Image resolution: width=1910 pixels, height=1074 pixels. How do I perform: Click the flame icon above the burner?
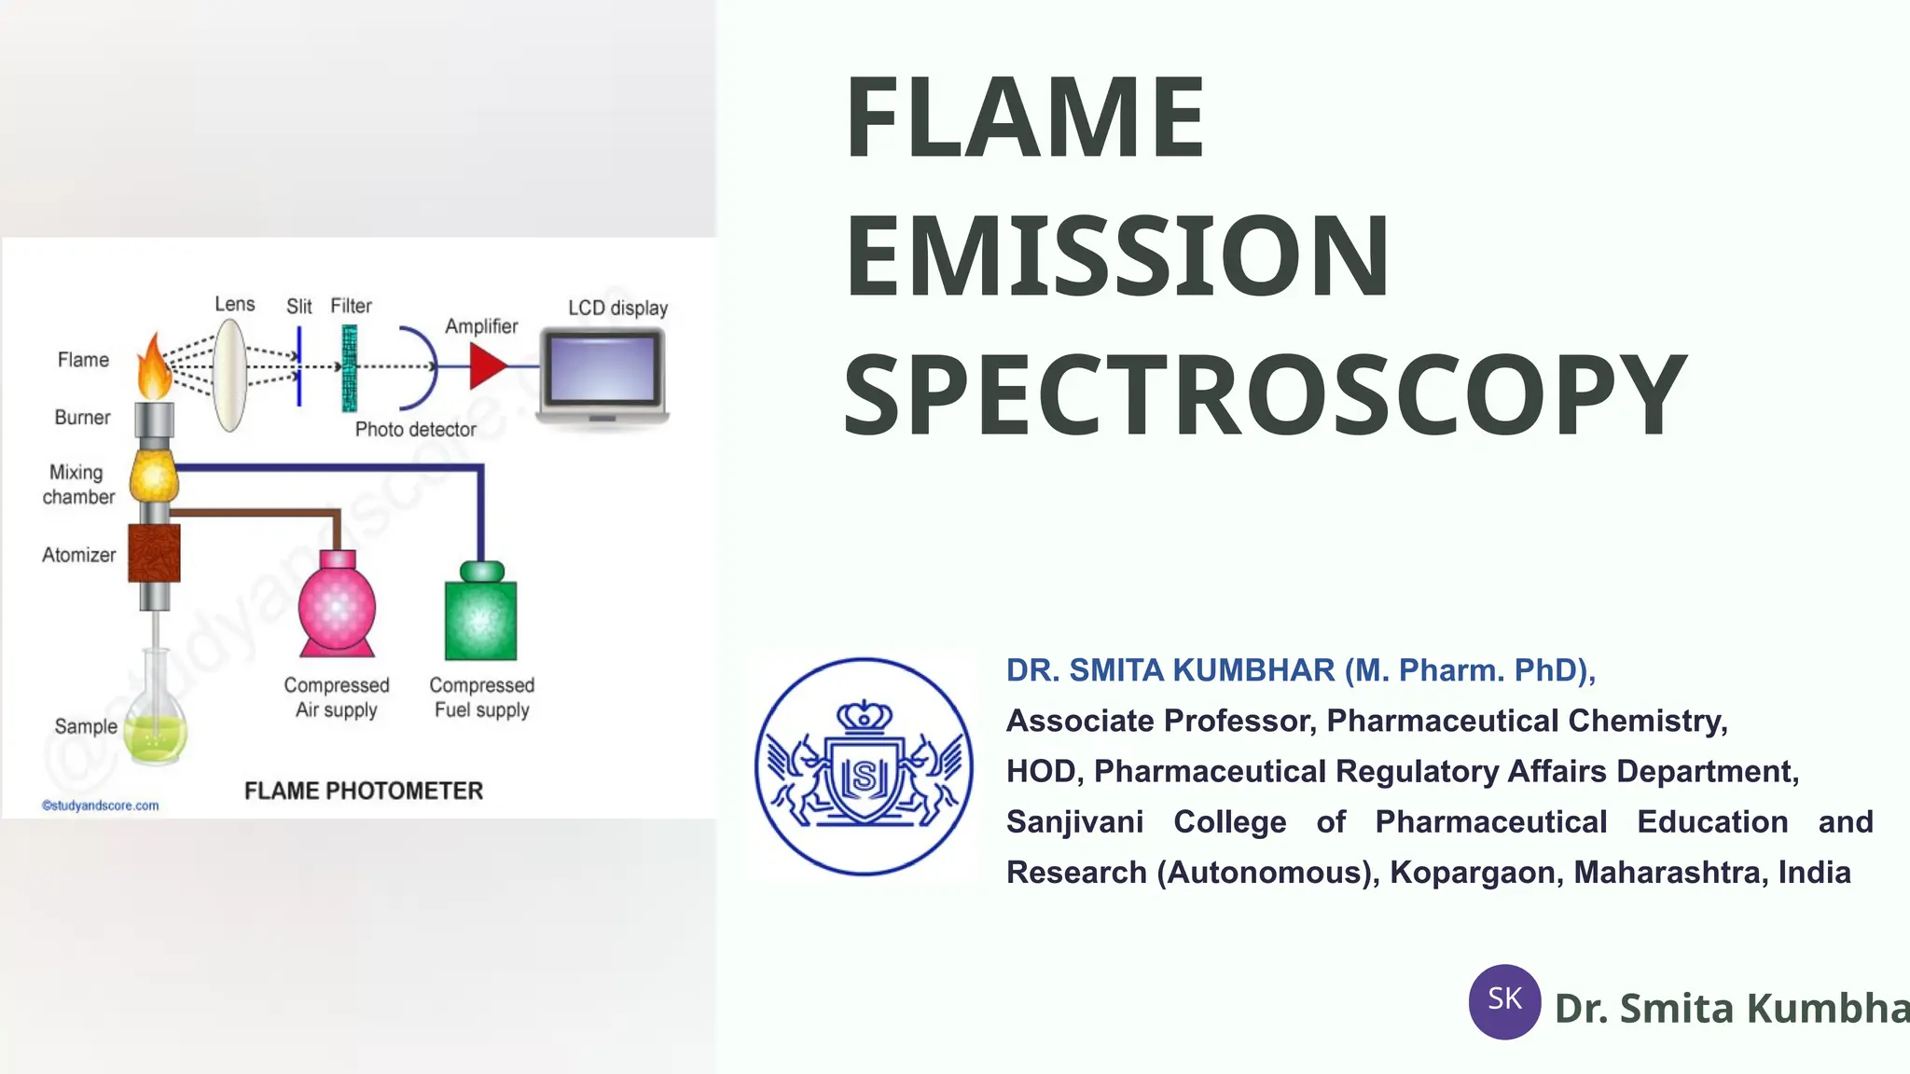click(154, 367)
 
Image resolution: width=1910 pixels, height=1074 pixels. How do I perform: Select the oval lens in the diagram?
click(229, 375)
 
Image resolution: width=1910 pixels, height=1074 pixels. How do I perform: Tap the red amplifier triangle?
click(487, 366)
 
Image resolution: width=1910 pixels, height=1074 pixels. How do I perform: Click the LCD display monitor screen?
click(603, 368)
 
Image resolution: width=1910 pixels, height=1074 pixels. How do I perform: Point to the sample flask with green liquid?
click(157, 723)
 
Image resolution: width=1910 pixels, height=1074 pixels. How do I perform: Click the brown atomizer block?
click(154, 553)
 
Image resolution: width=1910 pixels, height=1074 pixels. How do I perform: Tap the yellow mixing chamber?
click(154, 476)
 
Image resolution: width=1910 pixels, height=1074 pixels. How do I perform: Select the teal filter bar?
click(349, 368)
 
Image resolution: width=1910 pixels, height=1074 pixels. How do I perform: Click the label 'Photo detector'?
click(415, 430)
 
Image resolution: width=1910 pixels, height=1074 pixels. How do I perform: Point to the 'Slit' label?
click(298, 307)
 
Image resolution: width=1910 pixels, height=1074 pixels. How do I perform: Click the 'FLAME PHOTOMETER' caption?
click(364, 791)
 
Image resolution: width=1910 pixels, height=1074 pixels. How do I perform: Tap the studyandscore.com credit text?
click(101, 805)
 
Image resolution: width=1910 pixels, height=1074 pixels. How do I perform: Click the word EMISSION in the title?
click(1116, 255)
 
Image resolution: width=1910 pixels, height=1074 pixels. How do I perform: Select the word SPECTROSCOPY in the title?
click(1265, 395)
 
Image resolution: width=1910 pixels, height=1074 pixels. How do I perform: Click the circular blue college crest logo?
click(864, 766)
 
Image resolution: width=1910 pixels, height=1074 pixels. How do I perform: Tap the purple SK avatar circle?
click(1504, 1001)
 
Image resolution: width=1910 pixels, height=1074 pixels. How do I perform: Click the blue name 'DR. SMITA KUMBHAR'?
click(1170, 670)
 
